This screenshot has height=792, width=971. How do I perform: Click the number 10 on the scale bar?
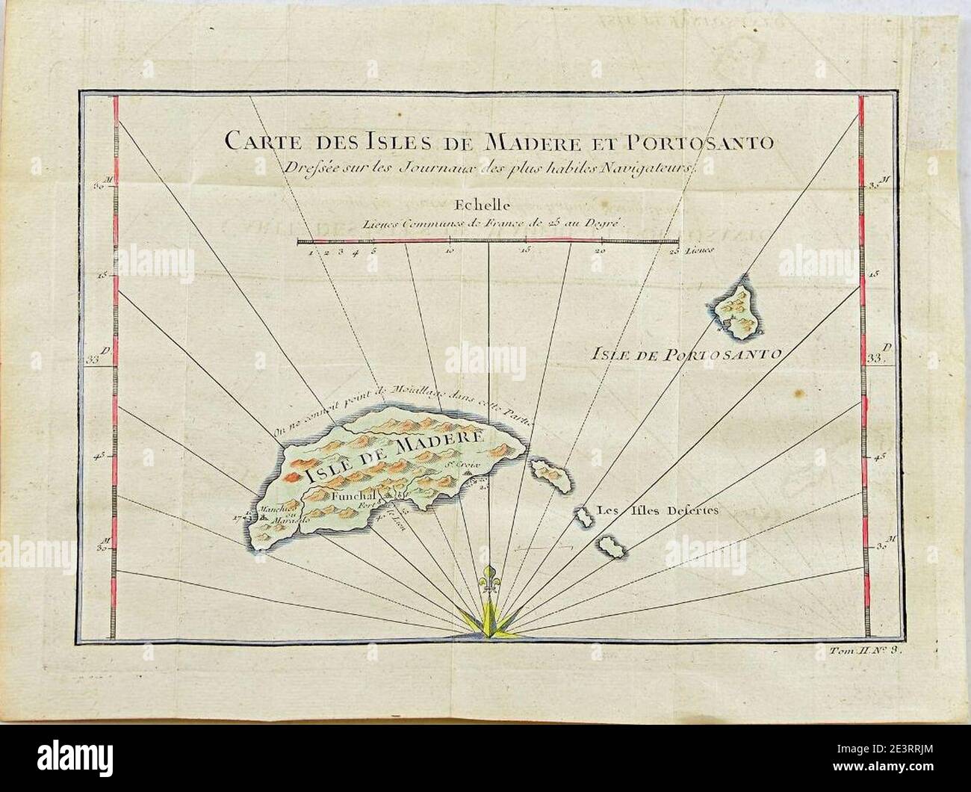coord(450,252)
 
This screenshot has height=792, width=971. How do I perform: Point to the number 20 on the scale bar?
coord(601,252)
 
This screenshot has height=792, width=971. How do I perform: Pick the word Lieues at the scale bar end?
coord(704,252)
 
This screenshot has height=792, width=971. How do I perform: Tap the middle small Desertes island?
coord(583,516)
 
